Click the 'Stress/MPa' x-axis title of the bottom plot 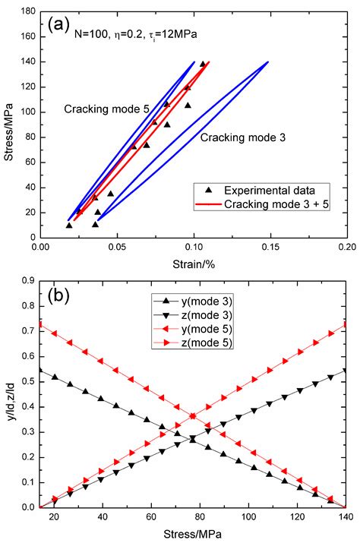pyautogui.click(x=194, y=533)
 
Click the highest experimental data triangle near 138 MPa pyautogui.click(x=203, y=65)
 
